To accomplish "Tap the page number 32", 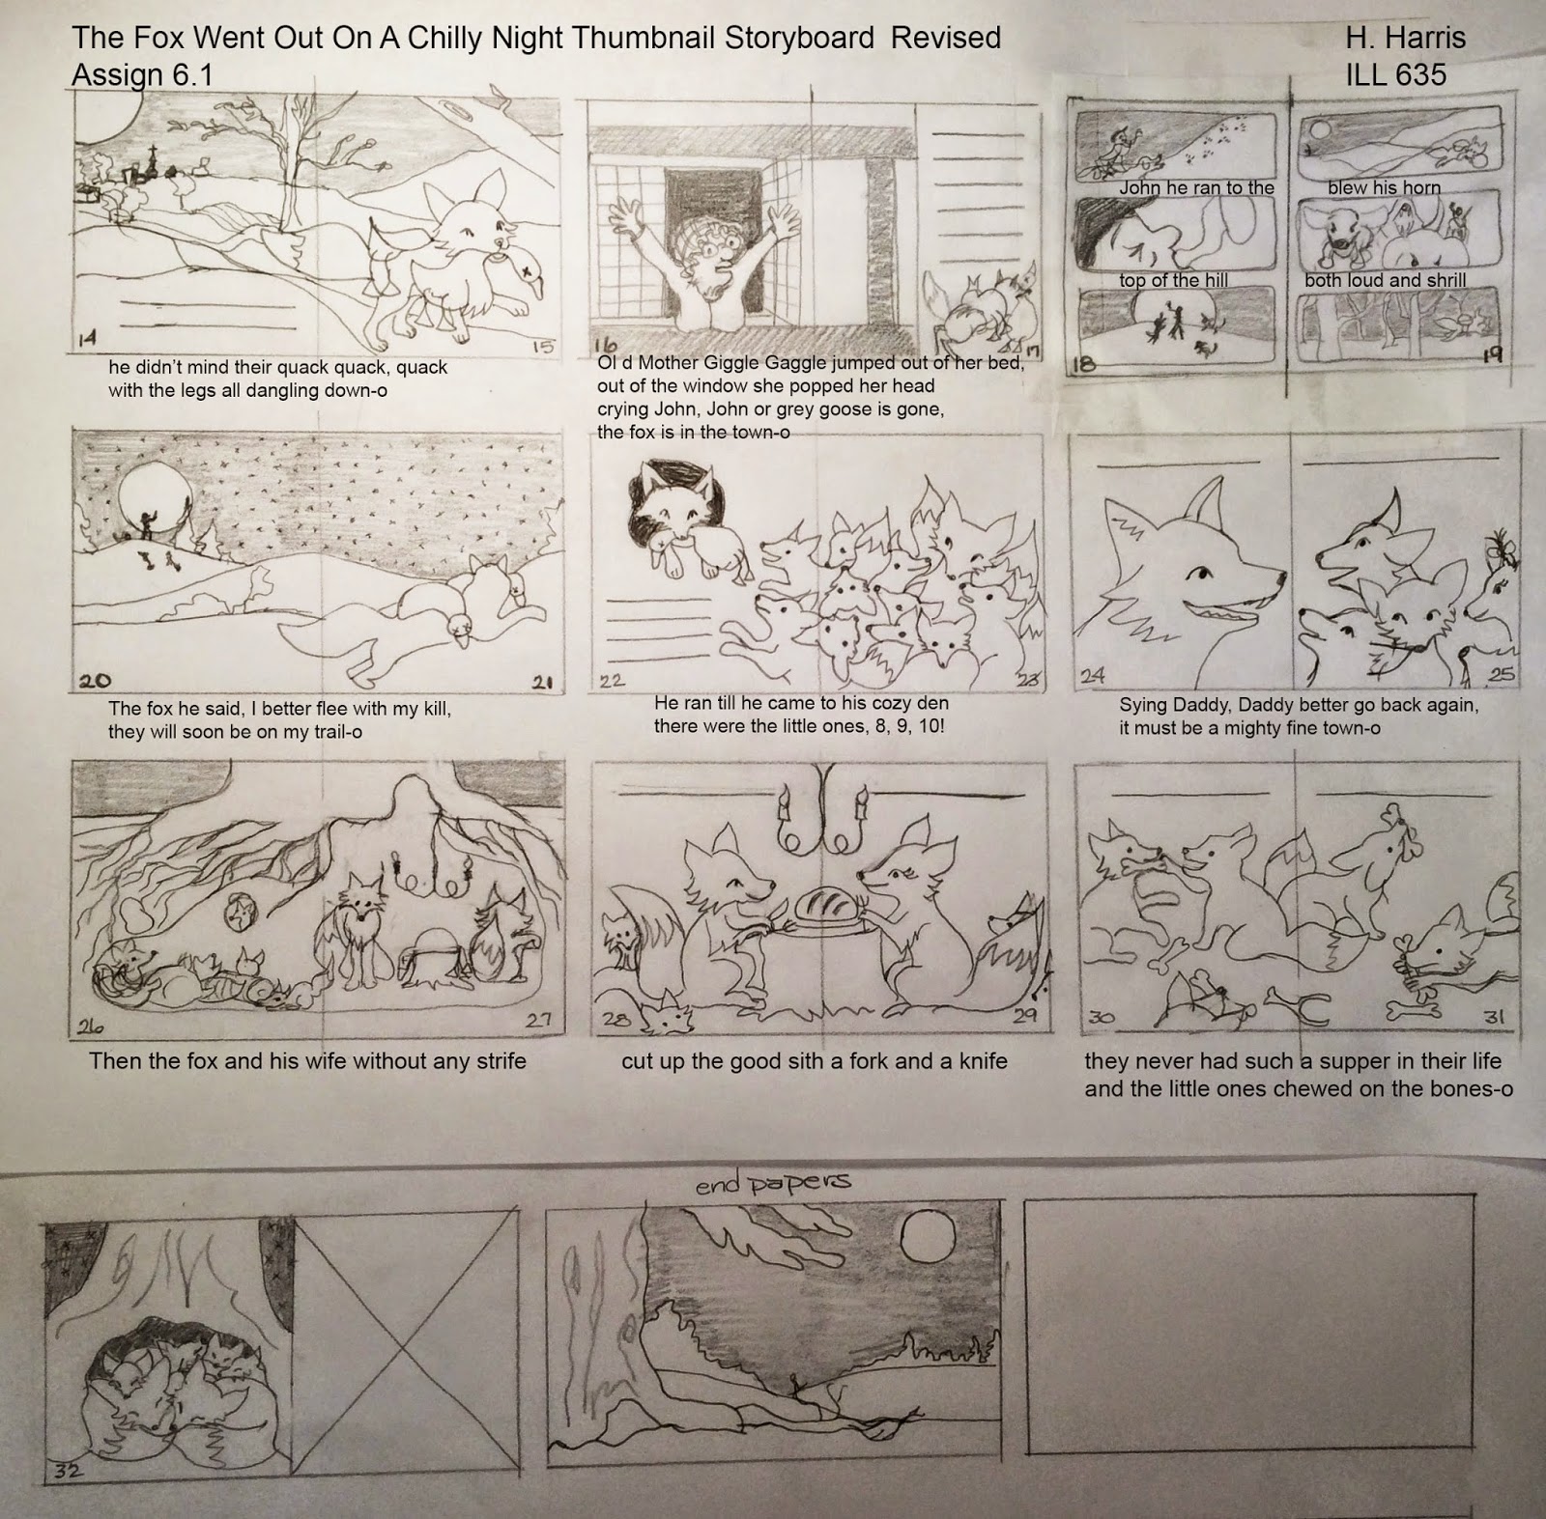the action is [61, 1471].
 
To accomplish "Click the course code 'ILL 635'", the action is [1396, 74].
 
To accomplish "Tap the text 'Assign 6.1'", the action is [142, 74].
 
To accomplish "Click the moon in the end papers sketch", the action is [916, 1234].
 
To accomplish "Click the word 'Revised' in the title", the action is [946, 38].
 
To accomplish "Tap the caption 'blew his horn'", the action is [1384, 188].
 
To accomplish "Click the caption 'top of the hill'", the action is [1174, 280].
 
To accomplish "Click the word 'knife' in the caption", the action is [979, 1061].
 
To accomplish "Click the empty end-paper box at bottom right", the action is [1248, 1326].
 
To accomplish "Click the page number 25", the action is [1503, 675].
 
